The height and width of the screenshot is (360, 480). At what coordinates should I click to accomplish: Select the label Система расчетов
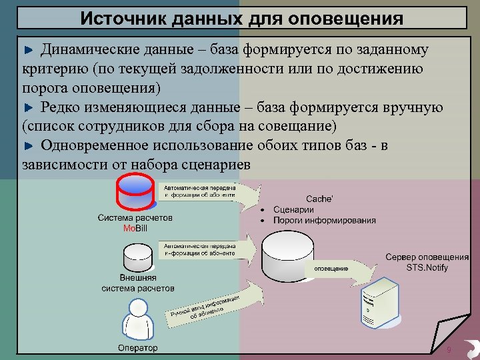[x=135, y=218]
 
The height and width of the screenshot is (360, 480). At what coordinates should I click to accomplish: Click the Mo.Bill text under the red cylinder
[x=135, y=228]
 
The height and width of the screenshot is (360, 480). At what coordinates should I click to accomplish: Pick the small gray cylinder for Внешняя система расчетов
[x=139, y=257]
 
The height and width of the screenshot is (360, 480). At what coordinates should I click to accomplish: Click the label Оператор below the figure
[x=138, y=348]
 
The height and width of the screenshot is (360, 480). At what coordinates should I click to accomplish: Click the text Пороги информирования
[x=324, y=220]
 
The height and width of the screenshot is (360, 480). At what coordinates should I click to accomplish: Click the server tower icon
[x=381, y=304]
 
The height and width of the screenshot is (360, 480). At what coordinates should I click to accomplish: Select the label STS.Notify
[x=427, y=267]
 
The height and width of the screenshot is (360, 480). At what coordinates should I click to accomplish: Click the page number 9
[x=449, y=350]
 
